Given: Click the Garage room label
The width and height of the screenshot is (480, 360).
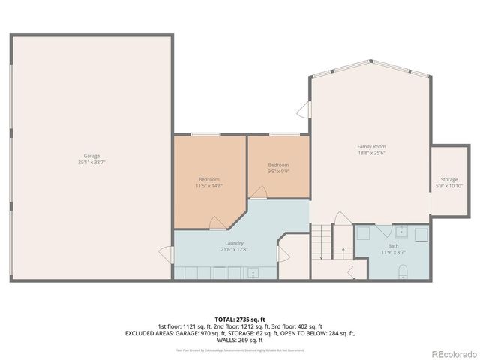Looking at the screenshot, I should click(91, 156).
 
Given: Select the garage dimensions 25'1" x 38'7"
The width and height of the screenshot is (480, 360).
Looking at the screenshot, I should click(91, 163).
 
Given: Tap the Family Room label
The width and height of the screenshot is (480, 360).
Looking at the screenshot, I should click(371, 146).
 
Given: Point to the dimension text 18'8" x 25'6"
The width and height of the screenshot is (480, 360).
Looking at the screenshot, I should click(371, 153).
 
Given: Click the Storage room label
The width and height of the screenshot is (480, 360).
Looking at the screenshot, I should click(448, 180).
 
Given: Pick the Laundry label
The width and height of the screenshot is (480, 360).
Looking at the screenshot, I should click(233, 243).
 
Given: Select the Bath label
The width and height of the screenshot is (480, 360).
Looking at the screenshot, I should click(393, 246).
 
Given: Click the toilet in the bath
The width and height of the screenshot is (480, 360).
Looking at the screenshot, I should click(402, 271).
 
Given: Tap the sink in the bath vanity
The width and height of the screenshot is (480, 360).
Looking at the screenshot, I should click(400, 232).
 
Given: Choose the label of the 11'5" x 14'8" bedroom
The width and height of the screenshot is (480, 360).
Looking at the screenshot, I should click(209, 179).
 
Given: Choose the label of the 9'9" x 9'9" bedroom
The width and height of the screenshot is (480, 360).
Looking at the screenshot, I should click(278, 165).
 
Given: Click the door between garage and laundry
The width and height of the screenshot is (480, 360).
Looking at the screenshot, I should click(166, 255).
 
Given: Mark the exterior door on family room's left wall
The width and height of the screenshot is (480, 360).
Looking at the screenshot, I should click(303, 111).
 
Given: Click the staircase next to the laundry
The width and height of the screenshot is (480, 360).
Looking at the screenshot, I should click(322, 241).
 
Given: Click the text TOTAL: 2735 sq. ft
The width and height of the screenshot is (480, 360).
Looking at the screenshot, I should click(240, 319).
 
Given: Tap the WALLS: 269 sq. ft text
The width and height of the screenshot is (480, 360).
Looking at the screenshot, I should click(240, 340).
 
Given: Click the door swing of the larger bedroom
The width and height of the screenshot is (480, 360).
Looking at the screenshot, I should click(216, 223).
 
